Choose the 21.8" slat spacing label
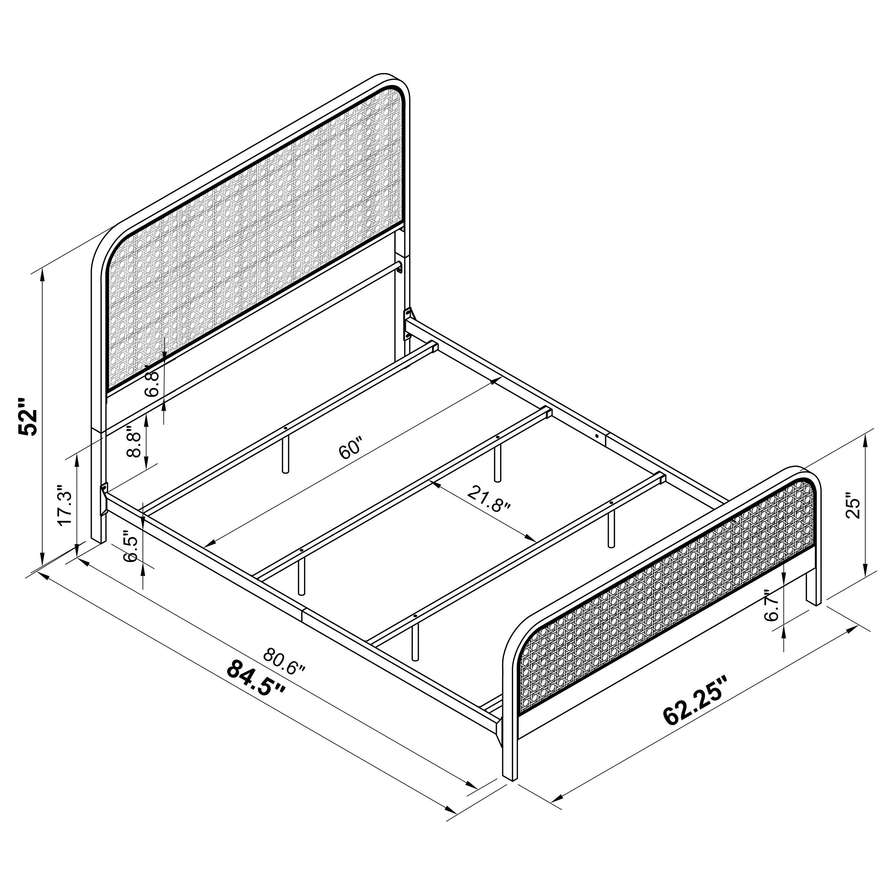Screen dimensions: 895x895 [489, 500]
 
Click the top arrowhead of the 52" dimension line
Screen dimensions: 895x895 [43, 274]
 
